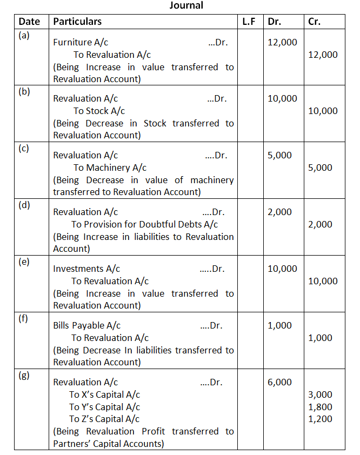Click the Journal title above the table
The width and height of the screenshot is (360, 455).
(x=186, y=5)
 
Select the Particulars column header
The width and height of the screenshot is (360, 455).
(x=77, y=22)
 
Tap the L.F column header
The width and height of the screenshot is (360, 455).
(x=249, y=22)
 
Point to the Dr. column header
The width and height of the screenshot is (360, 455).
(x=275, y=22)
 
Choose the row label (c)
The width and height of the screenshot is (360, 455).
(x=24, y=149)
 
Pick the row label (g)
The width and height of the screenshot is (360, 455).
(x=24, y=376)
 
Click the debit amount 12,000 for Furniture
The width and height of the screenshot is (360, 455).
(x=282, y=42)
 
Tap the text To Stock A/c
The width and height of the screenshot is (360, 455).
(x=99, y=111)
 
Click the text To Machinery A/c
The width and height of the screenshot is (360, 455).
(x=110, y=168)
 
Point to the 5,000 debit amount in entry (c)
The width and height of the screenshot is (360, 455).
(x=279, y=156)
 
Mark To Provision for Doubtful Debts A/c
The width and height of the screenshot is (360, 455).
(x=144, y=224)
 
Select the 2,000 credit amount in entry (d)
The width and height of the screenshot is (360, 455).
(x=320, y=224)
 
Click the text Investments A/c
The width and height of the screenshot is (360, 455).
(x=86, y=269)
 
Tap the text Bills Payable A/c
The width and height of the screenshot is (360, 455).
(x=86, y=325)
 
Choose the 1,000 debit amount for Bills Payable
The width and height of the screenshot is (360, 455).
(x=279, y=325)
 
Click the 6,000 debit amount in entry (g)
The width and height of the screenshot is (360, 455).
(x=279, y=382)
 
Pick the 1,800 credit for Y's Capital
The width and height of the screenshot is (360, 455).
(x=320, y=407)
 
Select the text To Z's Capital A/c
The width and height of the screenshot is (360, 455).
(x=104, y=419)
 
